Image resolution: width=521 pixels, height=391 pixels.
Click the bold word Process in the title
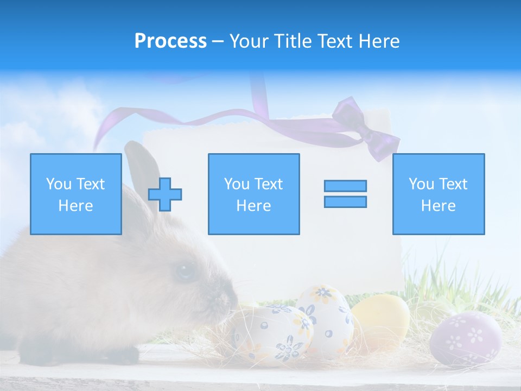pyautogui.click(x=170, y=41)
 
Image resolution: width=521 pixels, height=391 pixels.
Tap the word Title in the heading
pyautogui.click(x=293, y=41)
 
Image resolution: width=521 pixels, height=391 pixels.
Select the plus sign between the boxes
pyautogui.click(x=165, y=194)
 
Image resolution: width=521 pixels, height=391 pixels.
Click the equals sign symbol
pyautogui.click(x=345, y=194)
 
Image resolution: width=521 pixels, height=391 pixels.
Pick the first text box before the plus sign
pyautogui.click(x=75, y=194)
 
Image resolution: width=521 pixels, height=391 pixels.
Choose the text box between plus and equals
pyautogui.click(x=253, y=194)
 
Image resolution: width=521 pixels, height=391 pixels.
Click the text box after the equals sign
pyautogui.click(x=438, y=194)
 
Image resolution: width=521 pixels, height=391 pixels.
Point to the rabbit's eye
pyautogui.click(x=185, y=270)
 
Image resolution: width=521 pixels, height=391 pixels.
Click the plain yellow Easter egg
pyautogui.click(x=382, y=320)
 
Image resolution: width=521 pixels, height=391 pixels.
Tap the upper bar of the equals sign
pyautogui.click(x=345, y=186)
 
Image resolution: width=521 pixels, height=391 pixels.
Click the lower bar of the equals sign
pyautogui.click(x=345, y=201)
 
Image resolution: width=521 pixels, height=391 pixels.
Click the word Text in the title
pyautogui.click(x=333, y=41)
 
